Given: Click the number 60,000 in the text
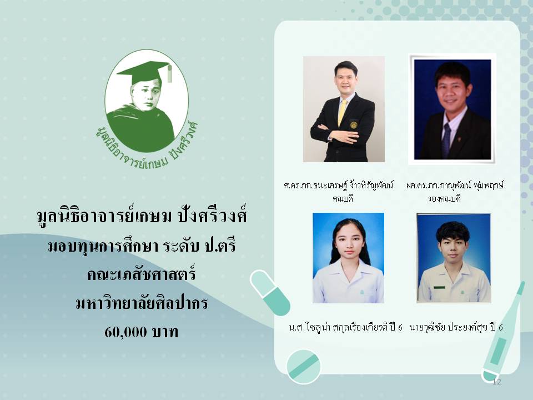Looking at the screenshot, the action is pyautogui.click(x=126, y=331).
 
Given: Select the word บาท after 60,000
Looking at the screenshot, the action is pyautogui.click(x=165, y=332).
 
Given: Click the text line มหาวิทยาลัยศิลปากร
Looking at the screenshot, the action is pyautogui.click(x=142, y=303).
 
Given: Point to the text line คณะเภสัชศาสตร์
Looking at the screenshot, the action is pyautogui.click(x=142, y=274).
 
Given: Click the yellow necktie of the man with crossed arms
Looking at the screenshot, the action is pyautogui.click(x=342, y=112).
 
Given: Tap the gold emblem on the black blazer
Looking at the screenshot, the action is pyautogui.click(x=354, y=124).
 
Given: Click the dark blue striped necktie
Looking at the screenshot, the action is pyautogui.click(x=446, y=140).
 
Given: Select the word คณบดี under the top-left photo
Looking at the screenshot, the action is pyautogui.click(x=343, y=198).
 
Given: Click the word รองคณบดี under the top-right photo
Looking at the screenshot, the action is pyautogui.click(x=444, y=198).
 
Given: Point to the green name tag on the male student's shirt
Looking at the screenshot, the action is pyautogui.click(x=439, y=287).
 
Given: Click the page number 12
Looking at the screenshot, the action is pyautogui.click(x=496, y=382).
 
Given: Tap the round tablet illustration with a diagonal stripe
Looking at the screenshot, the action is pyautogui.click(x=303, y=366).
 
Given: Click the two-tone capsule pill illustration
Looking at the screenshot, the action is pyautogui.click(x=270, y=292).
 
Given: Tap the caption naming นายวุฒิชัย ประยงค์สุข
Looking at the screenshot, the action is pyautogui.click(x=456, y=327).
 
